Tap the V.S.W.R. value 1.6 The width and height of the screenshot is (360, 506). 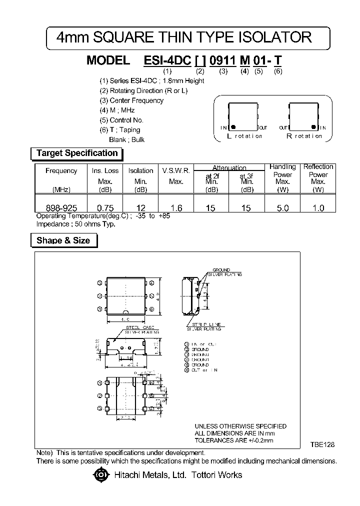[176, 208]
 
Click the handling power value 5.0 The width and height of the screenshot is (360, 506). [282, 208]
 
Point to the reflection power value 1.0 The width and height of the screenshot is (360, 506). [318, 208]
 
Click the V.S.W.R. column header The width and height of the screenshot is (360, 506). [176, 170]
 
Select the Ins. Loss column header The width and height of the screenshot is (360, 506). [105, 170]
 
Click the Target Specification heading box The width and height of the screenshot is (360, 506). [77, 153]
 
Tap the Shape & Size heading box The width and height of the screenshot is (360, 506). [63, 240]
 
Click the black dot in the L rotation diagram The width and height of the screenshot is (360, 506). [233, 127]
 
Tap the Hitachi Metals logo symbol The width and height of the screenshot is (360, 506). [101, 474]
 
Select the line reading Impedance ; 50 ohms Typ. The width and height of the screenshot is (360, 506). [75, 224]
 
